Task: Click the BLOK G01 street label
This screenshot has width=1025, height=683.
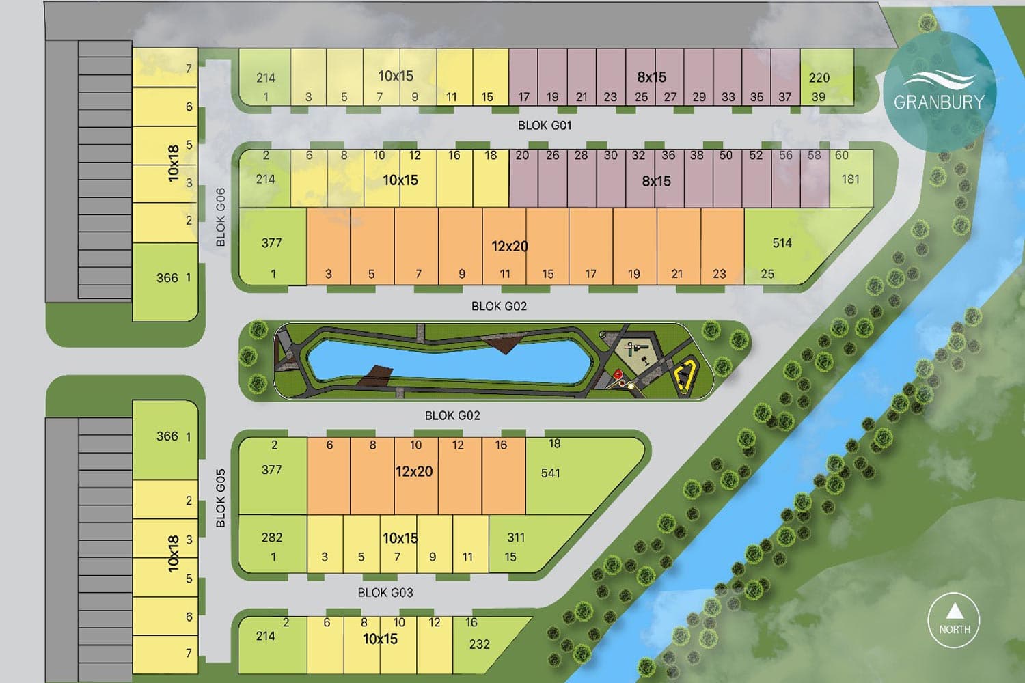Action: click(x=545, y=125)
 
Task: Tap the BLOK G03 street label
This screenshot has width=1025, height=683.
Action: click(x=385, y=592)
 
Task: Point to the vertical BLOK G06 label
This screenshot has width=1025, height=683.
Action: click(x=220, y=217)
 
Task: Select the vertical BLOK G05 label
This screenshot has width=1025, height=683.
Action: click(x=220, y=498)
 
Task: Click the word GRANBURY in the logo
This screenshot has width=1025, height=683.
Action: click(x=939, y=102)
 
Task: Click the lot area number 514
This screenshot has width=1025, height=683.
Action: click(x=782, y=243)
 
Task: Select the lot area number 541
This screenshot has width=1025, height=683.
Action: click(x=550, y=473)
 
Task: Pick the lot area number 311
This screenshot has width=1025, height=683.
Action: click(x=516, y=538)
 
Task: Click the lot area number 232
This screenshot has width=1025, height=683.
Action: click(x=479, y=644)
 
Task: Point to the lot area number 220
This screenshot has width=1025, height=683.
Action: click(x=819, y=78)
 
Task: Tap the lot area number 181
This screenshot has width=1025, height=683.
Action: click(x=850, y=179)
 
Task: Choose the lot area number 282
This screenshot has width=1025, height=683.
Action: click(x=271, y=538)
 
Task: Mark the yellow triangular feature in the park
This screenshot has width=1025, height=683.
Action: click(x=685, y=376)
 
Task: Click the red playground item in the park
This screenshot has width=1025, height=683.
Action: click(x=618, y=374)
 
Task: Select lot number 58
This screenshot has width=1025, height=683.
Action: click(x=814, y=155)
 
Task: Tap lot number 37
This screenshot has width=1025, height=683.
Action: click(x=784, y=97)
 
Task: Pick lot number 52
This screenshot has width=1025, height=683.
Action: click(x=756, y=155)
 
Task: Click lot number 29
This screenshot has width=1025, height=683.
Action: click(x=698, y=97)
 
